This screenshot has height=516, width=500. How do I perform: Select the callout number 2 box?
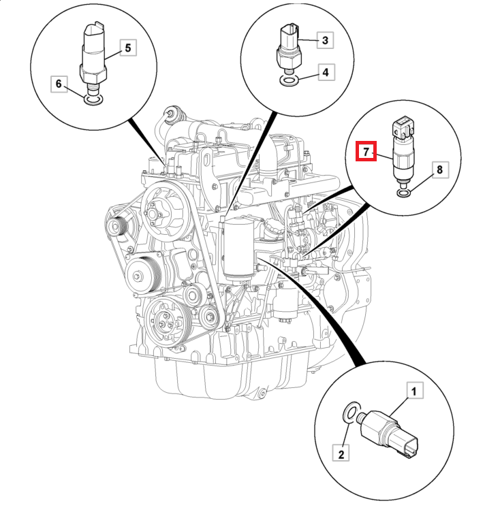point(341,451)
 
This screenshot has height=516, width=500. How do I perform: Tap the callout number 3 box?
point(325,40)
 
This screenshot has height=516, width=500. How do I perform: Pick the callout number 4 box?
point(325,71)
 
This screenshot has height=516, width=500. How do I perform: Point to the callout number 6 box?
point(59,84)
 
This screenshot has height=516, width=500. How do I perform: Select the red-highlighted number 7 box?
point(366,150)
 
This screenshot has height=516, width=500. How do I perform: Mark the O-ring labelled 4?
point(290,81)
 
